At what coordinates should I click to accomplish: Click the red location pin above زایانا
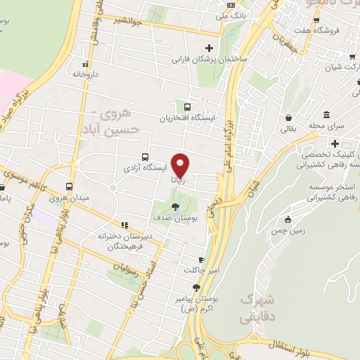181,165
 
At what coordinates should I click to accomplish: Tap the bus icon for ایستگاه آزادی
145,157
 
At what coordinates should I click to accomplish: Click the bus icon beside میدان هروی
69,187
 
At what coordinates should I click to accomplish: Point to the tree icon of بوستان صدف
174,207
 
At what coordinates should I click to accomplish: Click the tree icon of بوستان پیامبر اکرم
196,287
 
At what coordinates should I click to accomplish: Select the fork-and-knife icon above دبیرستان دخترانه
124,226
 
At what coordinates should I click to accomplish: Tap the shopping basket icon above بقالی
288,117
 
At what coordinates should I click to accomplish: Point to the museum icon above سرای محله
327,114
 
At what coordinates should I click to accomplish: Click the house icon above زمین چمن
288,219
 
